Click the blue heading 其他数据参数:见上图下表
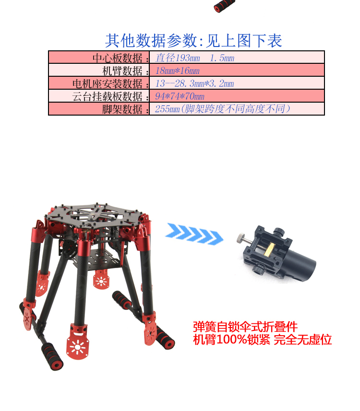coord(193,41)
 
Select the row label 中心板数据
coord(118,58)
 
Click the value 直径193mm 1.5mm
coord(194,58)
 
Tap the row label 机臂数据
coord(122,71)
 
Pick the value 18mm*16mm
coord(178,70)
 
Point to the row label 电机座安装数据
coord(108,83)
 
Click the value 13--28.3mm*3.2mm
coord(194,83)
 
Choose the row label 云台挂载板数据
coord(108,96)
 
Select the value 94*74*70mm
coord(180,96)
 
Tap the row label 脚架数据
coord(122,109)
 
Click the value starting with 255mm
coord(223,109)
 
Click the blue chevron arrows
coord(194,234)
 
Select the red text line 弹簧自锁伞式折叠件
coord(245,327)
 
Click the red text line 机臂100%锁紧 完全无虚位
coord(263,340)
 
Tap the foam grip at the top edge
coord(224,6)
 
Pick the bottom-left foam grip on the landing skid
coord(52,356)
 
